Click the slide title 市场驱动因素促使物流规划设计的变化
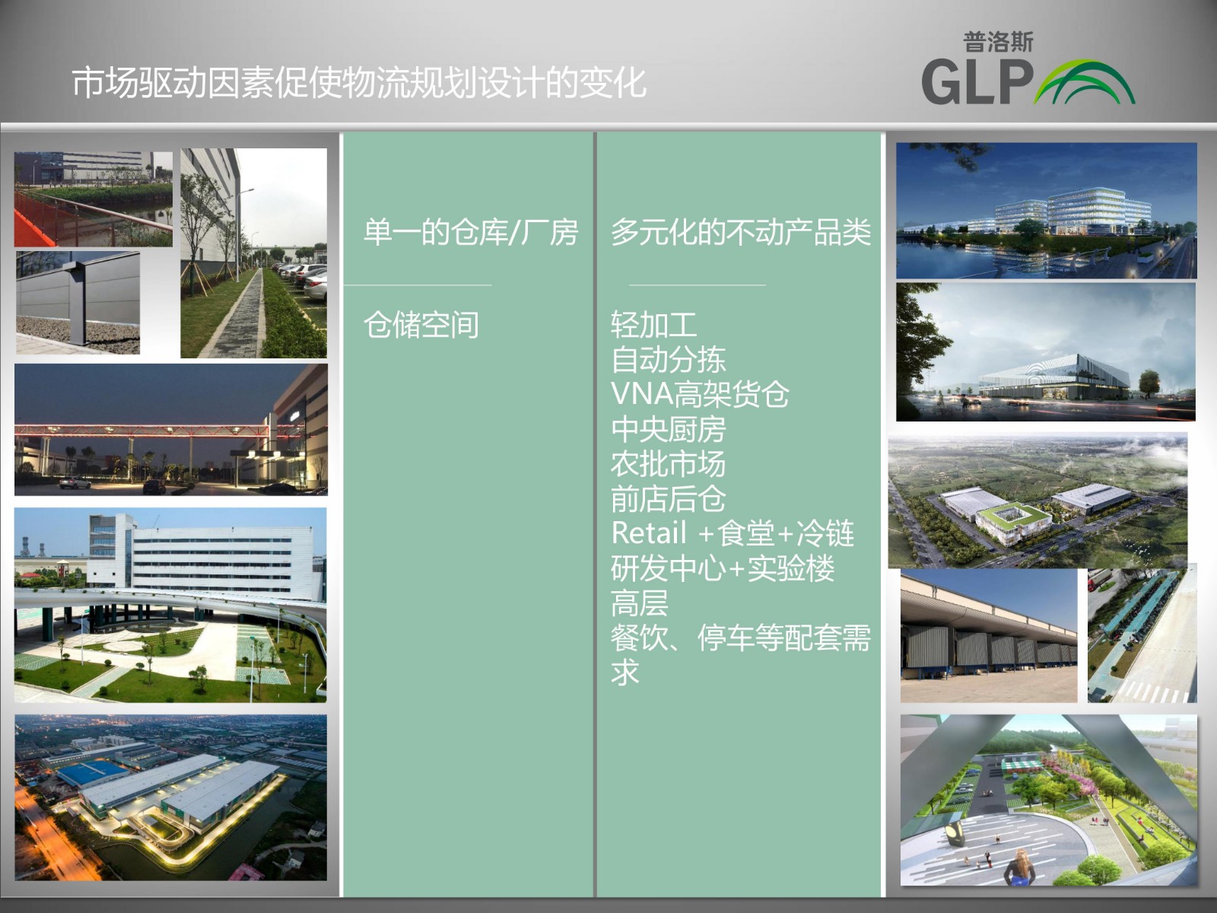pos(359,83)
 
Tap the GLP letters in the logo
pos(977,83)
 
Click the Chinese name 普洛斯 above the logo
pos(998,42)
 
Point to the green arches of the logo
pos(1085,82)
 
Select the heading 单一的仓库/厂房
pos(471,232)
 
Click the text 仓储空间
pos(421,325)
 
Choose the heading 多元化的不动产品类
pos(741,232)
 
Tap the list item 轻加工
pos(653,325)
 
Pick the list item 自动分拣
pos(668,360)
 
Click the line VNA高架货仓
pos(700,394)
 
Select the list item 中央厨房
pos(668,429)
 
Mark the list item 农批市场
pos(668,464)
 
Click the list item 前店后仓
pos(668,498)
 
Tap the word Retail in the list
pos(649,533)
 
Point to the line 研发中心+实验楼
pos(723,568)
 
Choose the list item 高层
pos(639,603)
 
